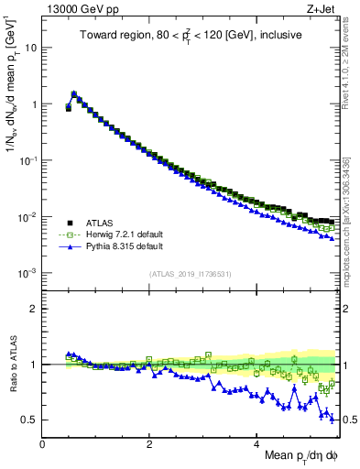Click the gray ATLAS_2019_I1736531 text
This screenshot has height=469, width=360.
click(x=190, y=274)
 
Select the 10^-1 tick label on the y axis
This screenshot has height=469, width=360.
click(x=27, y=160)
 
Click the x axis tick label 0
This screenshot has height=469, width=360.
click(x=42, y=443)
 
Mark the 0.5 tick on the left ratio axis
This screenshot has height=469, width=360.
click(x=30, y=420)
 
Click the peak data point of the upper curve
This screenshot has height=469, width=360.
click(x=74, y=93)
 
